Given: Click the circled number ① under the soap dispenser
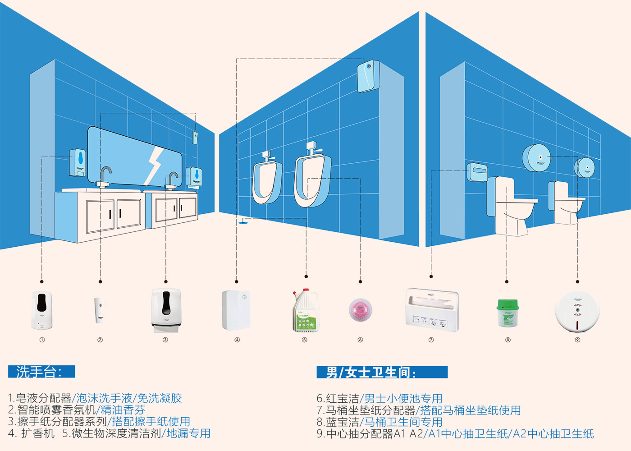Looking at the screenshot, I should pos(42,340).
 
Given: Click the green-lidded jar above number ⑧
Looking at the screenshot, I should pos(508,313).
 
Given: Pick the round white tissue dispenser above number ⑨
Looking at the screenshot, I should pos(577,311).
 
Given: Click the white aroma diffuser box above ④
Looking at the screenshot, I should pos(236,310).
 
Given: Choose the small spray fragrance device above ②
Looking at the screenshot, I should pos(100,310).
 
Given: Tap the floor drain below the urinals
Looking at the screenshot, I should pos(243,222).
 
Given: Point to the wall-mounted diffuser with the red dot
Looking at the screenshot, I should pos(369,77).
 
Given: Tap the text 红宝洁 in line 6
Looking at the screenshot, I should pos(342,399).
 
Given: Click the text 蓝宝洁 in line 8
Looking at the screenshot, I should pos(342,422).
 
